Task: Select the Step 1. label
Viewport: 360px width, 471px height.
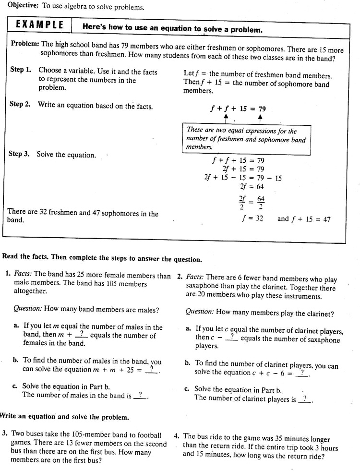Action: click(x=21, y=70)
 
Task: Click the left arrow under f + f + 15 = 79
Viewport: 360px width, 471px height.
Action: click(x=225, y=118)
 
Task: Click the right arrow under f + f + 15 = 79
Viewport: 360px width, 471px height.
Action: click(x=260, y=118)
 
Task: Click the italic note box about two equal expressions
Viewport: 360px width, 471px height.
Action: click(x=246, y=139)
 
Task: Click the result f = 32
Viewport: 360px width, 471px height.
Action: click(x=252, y=219)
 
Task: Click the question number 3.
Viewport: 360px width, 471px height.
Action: click(x=4, y=434)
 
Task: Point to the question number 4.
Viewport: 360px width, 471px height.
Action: click(x=177, y=436)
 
